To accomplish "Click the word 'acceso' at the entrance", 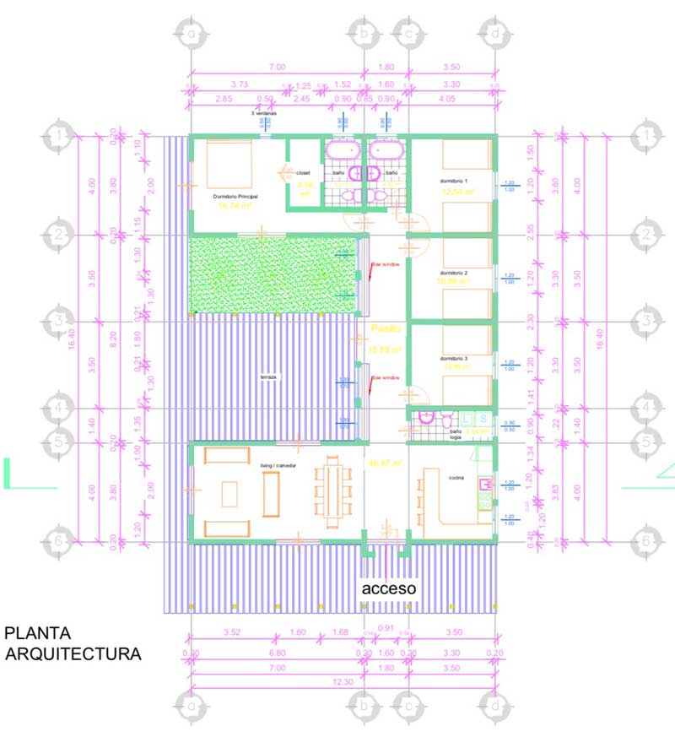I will [x=389, y=588].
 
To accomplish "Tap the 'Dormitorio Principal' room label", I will [x=235, y=196].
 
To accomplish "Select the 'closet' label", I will [x=302, y=173].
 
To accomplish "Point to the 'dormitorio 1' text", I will [x=454, y=182].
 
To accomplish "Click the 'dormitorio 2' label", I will [x=454, y=274].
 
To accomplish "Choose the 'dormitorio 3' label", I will [x=454, y=359].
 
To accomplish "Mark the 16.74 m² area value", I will [x=236, y=205].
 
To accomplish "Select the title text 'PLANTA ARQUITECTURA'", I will [x=73, y=642].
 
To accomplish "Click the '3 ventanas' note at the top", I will [x=264, y=112].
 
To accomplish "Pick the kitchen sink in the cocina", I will [x=485, y=485].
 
